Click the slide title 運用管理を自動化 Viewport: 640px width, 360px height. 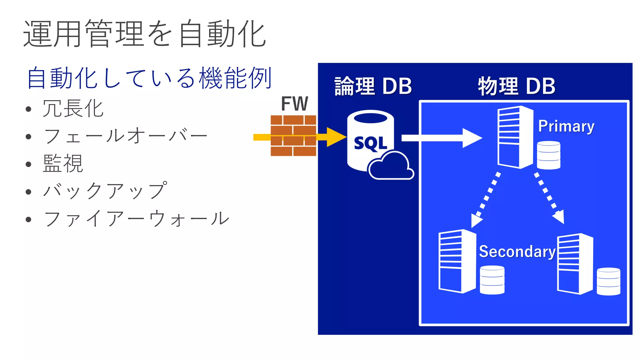(x=144, y=34)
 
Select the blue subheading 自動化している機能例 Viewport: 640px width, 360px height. (x=149, y=78)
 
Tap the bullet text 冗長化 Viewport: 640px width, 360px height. (x=73, y=109)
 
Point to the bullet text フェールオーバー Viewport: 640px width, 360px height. (x=125, y=136)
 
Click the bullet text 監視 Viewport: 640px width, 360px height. (x=63, y=163)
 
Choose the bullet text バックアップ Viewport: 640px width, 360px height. (x=105, y=191)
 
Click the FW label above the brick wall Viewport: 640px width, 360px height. (x=294, y=104)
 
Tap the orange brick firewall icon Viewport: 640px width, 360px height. (x=293, y=136)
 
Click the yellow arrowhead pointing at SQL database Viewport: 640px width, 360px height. (x=336, y=137)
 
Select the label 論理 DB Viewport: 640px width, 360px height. (x=373, y=86)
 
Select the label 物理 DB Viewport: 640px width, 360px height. (x=517, y=86)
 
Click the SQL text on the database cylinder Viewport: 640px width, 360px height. (x=371, y=143)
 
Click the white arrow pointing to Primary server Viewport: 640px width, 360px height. (x=441, y=138)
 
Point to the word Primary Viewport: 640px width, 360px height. (x=566, y=126)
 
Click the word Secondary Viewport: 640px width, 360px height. (x=517, y=252)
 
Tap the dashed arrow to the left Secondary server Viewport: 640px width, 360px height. (x=487, y=200)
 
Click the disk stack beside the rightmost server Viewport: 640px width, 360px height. (x=608, y=281)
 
